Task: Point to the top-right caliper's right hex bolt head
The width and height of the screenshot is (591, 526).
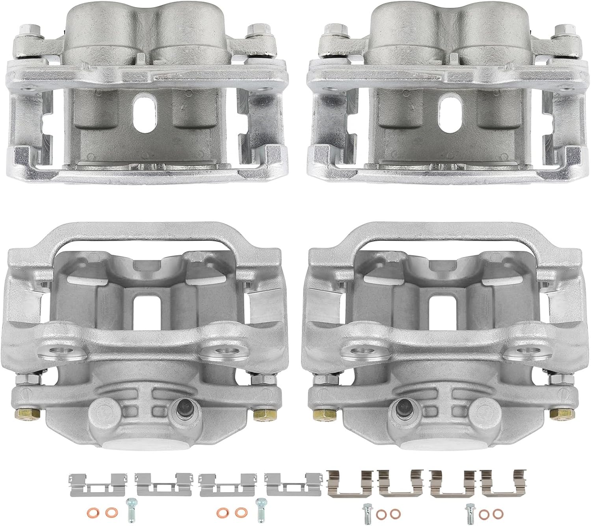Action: [560, 30]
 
